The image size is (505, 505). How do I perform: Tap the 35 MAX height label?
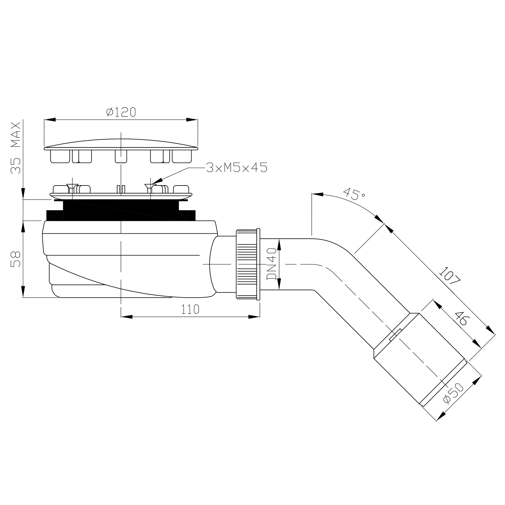click(x=15, y=148)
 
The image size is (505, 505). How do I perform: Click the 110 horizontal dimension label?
click(x=190, y=309)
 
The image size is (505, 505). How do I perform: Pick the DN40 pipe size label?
click(x=271, y=264)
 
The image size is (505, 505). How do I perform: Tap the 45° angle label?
click(x=352, y=195)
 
